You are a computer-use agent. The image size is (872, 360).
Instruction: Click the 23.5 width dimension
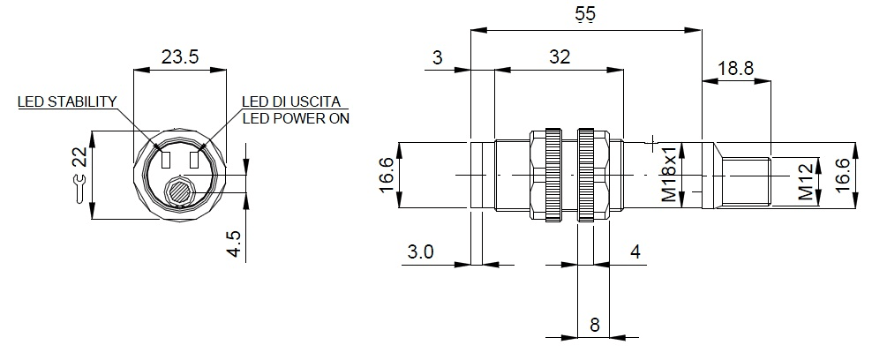180,57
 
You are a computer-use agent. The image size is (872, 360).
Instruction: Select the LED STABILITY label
67,102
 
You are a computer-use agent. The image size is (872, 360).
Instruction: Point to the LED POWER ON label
296,118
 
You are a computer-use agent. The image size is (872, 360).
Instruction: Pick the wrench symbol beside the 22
80,187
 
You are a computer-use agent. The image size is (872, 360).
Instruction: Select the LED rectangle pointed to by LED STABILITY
165,160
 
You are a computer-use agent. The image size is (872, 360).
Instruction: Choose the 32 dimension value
559,57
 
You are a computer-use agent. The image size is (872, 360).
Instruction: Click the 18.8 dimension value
736,69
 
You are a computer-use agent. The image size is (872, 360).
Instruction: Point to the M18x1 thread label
671,176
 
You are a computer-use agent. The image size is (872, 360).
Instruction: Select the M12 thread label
805,181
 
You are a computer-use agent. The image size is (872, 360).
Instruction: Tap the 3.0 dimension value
421,252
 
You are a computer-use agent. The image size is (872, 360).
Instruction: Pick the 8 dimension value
594,325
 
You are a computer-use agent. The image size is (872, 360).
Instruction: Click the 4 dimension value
635,252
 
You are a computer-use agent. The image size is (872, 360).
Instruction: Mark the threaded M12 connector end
744,181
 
